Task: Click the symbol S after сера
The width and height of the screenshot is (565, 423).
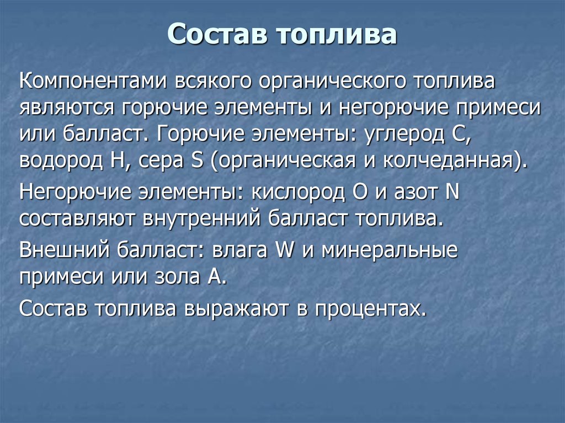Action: [198, 160]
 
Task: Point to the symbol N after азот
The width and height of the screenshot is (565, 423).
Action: [452, 191]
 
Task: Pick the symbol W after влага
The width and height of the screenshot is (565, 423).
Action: [285, 249]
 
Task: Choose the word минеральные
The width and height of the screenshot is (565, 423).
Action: [389, 250]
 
